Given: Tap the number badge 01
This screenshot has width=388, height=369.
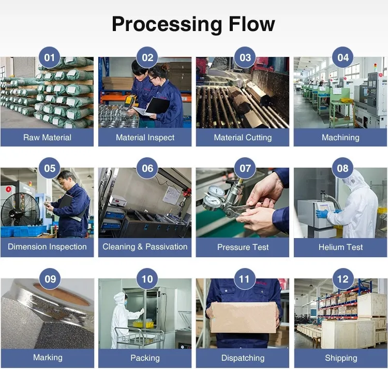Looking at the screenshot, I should [50, 57].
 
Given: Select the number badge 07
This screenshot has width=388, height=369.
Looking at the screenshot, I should [245, 168].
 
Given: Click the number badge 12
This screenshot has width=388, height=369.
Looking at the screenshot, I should [343, 279].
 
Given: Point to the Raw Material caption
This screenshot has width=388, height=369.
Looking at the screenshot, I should [47, 138].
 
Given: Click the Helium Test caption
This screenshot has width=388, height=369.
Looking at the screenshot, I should [340, 247].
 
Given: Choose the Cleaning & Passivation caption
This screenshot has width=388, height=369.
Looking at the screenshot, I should [145, 247].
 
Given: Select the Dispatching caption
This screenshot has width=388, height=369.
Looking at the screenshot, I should [243, 358].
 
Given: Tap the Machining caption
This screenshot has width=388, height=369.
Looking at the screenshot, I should [340, 138].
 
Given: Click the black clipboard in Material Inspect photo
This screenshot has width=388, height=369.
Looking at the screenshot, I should [157, 106].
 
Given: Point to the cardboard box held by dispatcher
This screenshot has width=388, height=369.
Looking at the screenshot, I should [243, 317].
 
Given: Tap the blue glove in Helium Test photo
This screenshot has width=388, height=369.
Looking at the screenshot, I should [323, 213].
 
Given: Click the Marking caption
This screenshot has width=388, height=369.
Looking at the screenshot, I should [47, 358].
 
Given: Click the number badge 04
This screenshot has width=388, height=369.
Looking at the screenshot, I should [343, 57].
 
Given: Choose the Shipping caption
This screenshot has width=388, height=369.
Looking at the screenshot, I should [340, 358].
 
